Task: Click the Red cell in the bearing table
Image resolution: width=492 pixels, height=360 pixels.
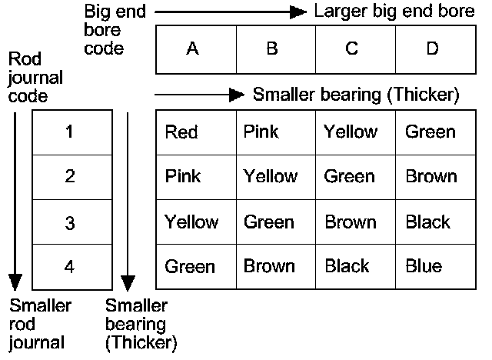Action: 181,132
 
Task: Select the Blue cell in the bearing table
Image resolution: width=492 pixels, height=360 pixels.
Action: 424,266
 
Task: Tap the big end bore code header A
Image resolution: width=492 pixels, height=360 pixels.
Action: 193,49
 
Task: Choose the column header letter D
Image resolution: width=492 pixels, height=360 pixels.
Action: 432,49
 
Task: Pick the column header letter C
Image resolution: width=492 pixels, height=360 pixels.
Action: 352,49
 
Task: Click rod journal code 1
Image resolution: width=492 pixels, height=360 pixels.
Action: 70,132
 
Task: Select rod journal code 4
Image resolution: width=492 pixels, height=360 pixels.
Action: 70,267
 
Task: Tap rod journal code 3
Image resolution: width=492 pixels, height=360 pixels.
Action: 70,222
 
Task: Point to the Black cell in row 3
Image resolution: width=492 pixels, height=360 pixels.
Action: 427,222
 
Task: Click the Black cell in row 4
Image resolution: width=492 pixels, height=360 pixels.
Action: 347,266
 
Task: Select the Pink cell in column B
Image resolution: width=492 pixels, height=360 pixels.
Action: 261,132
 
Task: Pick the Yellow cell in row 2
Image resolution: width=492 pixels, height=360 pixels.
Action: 270,177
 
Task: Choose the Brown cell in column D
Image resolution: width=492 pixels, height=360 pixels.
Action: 430,177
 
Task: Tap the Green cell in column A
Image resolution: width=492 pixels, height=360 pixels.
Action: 190,266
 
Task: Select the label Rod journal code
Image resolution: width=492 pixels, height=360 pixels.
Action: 35,78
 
